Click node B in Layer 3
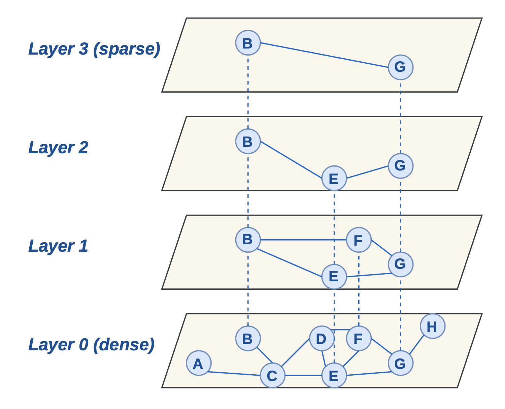point(248,43)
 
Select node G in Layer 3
point(400,67)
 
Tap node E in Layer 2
point(334,178)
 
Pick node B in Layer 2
point(248,141)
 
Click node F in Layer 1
point(359,240)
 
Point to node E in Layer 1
point(334,277)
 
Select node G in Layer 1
point(400,264)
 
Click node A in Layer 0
point(198,363)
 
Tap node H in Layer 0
point(432,326)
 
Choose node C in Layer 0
point(272,375)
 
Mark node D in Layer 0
point(322,338)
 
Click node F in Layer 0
point(359,338)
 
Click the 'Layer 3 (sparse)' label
point(94,49)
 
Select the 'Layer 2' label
point(58,147)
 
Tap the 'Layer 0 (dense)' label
point(92,344)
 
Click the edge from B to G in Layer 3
point(324,55)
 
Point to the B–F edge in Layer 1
point(303,240)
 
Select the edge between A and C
point(234,373)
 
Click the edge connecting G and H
point(416,345)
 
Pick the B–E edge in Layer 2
point(291,160)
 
